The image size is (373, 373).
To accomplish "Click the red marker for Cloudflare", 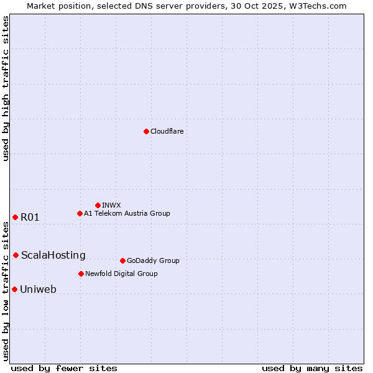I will [146, 131].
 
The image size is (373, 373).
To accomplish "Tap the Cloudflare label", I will [167, 131].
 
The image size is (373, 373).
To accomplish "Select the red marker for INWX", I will [98, 205].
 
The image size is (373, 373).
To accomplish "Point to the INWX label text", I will [112, 205].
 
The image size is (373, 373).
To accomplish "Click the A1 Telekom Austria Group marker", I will [80, 213].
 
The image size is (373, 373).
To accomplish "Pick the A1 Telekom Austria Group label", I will [127, 213].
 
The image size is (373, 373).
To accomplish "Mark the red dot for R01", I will [15, 217].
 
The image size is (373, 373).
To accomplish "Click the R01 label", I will [30, 217].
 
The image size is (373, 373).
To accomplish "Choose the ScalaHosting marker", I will [16, 255].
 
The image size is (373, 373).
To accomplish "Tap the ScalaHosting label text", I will [53, 255].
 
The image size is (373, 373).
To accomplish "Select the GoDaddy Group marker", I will [122, 260].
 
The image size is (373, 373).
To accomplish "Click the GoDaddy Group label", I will [153, 260].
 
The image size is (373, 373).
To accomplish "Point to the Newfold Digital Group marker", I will [81, 274].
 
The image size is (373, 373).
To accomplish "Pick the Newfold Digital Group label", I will [121, 274].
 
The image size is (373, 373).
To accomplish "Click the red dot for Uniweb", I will [14, 289].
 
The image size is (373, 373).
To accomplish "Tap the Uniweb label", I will [39, 289].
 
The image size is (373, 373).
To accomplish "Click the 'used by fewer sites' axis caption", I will [64, 368].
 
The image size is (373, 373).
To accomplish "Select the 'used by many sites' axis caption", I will [312, 368].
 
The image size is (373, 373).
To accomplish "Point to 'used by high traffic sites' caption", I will [6, 88].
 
